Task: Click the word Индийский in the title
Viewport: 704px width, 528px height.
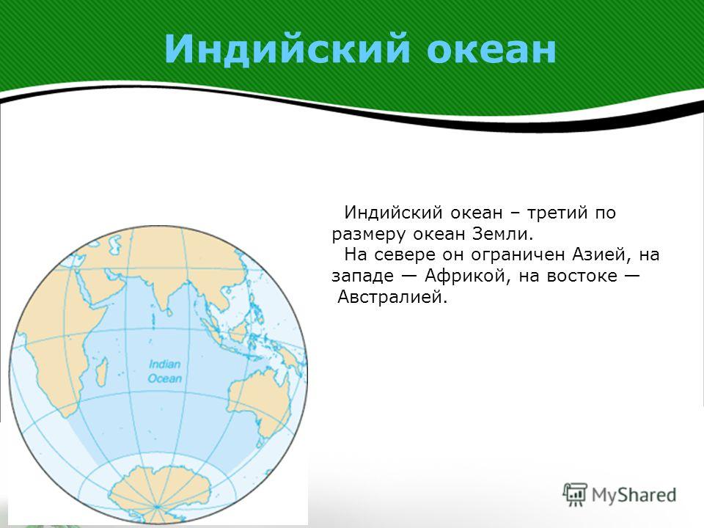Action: click(287, 48)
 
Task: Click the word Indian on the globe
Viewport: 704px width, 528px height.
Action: click(164, 364)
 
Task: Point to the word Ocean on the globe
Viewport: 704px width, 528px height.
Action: click(165, 378)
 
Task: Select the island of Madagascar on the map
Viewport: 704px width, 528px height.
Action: click(103, 372)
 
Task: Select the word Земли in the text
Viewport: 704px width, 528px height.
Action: click(502, 233)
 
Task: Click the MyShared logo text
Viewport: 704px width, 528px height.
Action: click(634, 495)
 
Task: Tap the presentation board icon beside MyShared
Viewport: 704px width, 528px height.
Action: click(575, 494)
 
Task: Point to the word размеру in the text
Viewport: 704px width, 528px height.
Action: click(369, 235)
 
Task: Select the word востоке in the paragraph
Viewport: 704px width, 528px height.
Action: click(582, 276)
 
